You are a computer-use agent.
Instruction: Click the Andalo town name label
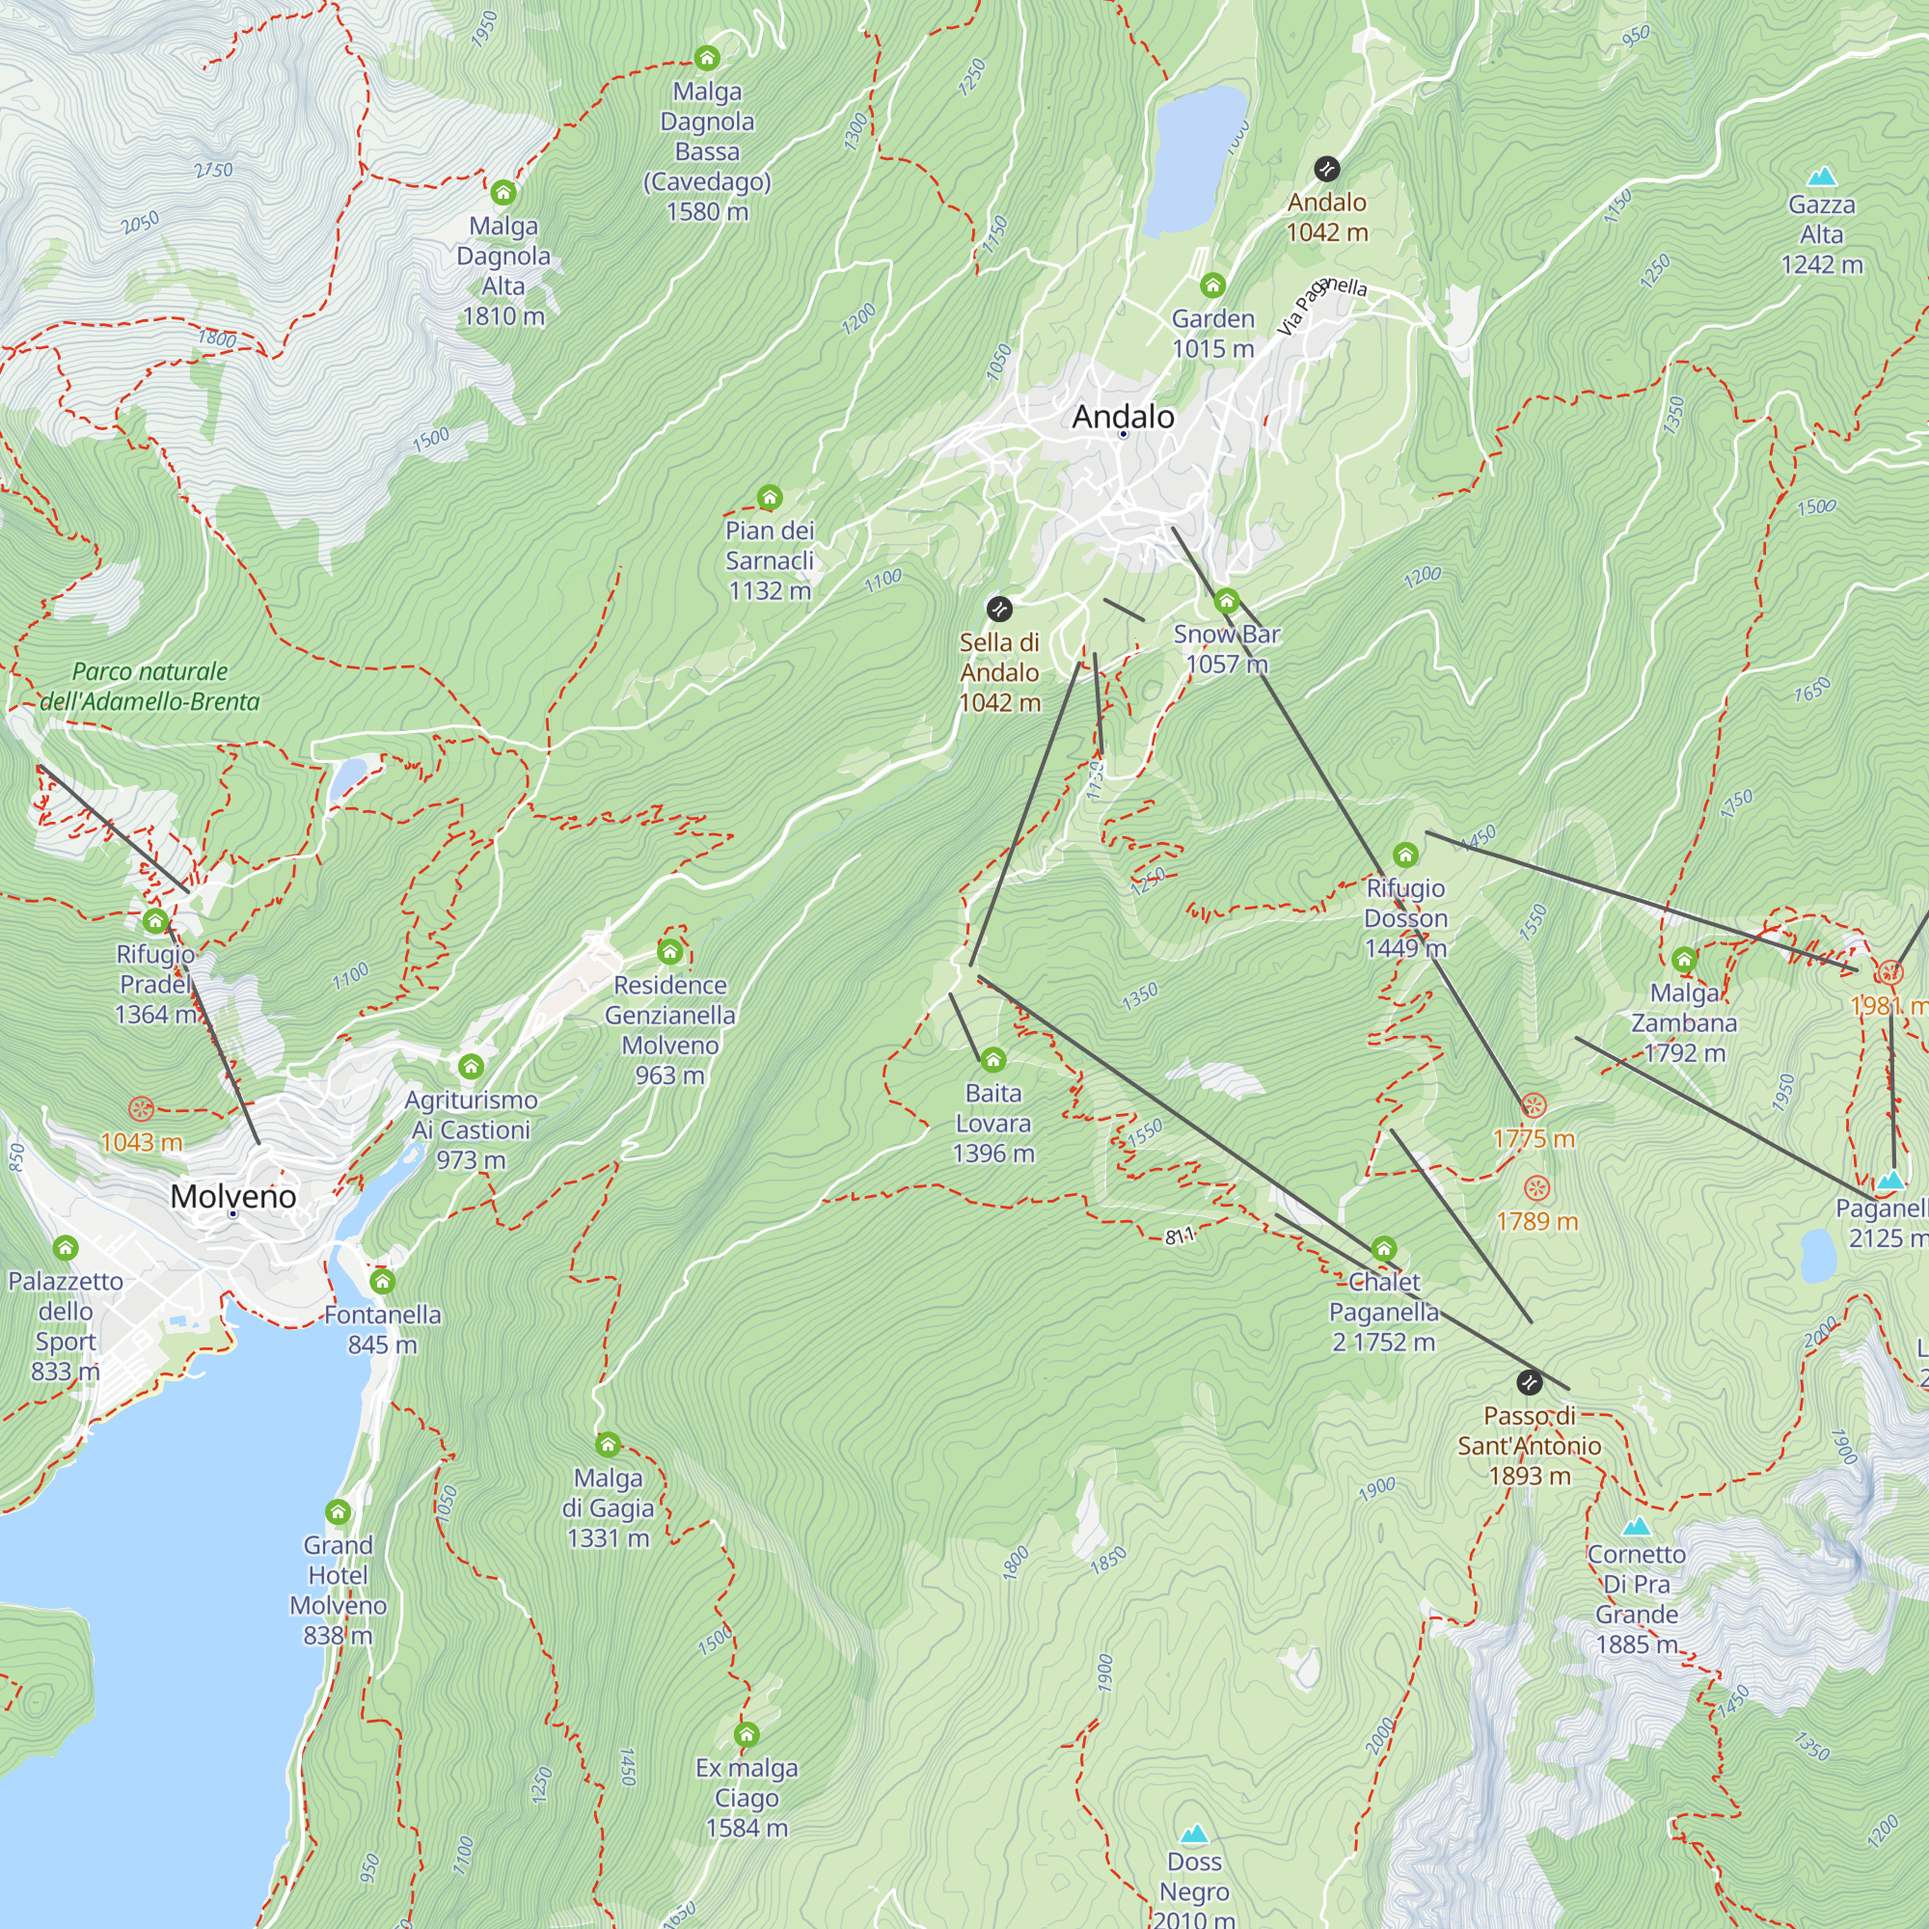click(1123, 417)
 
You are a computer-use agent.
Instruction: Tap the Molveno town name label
click(232, 1196)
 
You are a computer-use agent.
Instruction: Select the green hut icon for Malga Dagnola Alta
click(503, 192)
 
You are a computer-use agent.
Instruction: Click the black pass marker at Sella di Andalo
click(999, 609)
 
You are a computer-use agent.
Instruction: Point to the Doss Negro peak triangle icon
click(1194, 1834)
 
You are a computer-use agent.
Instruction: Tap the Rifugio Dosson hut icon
click(1406, 855)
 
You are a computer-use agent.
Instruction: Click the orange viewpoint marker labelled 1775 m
click(1534, 1106)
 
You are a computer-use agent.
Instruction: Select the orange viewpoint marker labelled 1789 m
click(1536, 1188)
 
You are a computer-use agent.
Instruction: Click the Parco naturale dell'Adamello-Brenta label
click(149, 687)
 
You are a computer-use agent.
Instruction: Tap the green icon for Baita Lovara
click(992, 1059)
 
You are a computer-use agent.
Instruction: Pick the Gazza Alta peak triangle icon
click(1822, 177)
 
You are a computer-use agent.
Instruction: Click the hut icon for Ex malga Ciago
click(746, 1734)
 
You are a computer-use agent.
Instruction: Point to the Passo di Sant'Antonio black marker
click(1529, 1383)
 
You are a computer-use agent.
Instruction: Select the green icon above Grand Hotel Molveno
click(339, 1511)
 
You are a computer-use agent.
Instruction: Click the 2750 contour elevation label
click(214, 171)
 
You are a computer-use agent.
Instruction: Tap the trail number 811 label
click(1180, 1236)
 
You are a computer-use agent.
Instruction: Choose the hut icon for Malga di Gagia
click(608, 1445)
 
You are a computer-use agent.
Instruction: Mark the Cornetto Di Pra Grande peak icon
click(1636, 1527)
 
